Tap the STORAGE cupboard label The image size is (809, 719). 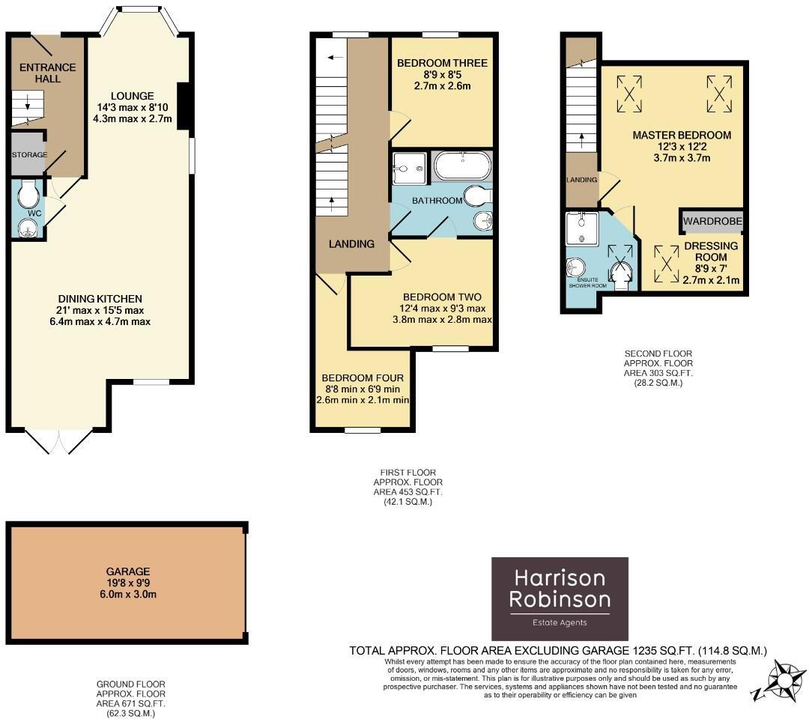coord(29,155)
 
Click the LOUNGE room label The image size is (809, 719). coord(133,96)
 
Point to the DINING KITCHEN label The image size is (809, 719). coord(100,299)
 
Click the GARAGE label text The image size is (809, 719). coord(127,571)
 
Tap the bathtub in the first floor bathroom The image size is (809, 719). coord(461,166)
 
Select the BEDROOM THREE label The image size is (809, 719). coord(442,63)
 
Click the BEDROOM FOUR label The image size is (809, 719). coord(363,378)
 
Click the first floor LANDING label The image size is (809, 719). coord(352,244)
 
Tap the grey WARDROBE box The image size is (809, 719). coord(712,222)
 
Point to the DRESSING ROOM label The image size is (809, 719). coord(711,252)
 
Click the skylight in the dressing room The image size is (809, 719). coord(666,262)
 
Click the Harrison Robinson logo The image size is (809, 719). coord(560,598)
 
